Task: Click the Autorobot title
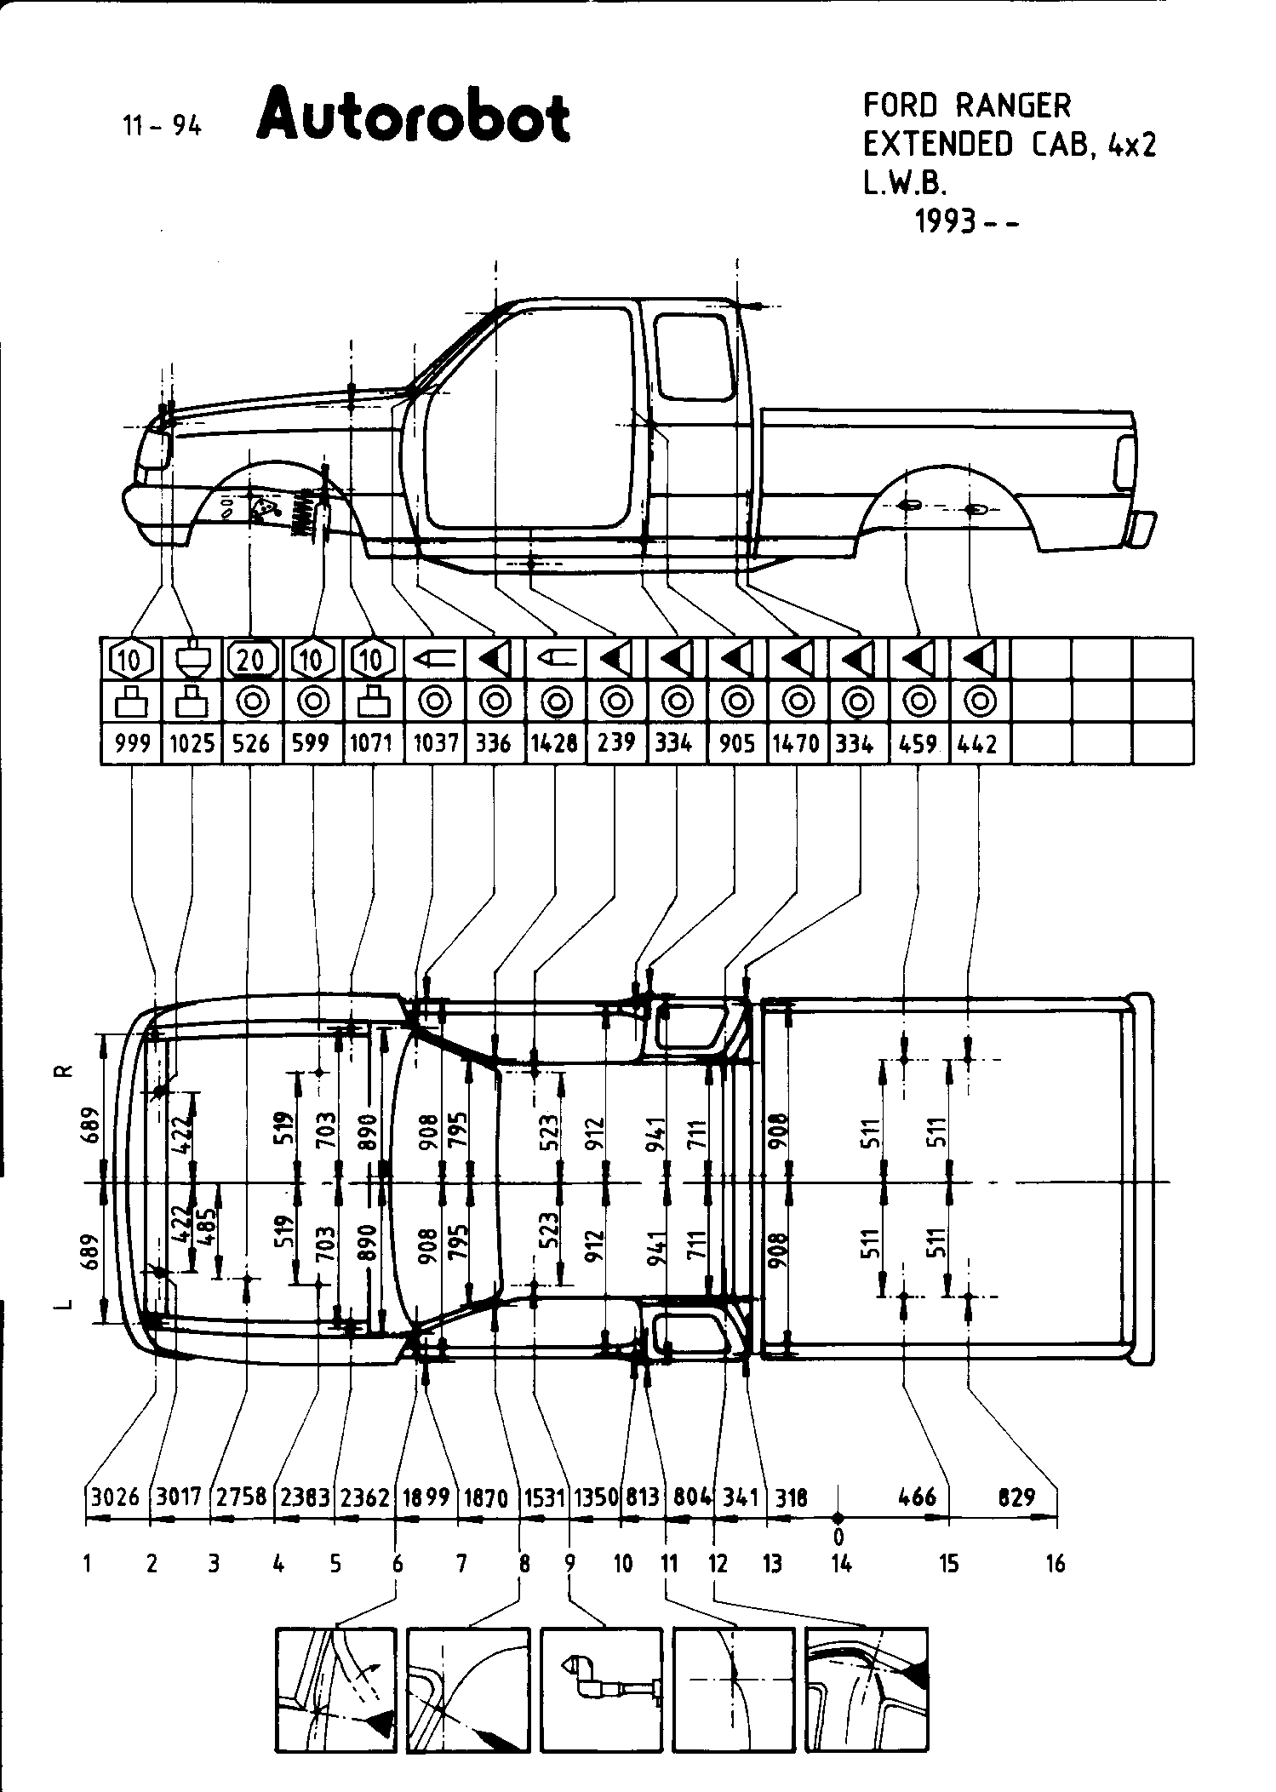click(x=413, y=117)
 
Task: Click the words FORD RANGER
click(x=967, y=106)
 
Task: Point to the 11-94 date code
click(x=162, y=126)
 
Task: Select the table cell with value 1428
click(x=555, y=743)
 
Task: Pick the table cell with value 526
click(x=251, y=743)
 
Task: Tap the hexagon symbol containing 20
click(x=253, y=659)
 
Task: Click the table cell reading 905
click(x=736, y=743)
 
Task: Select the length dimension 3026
click(x=115, y=1497)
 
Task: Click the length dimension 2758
click(x=243, y=1497)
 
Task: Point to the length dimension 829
click(x=1016, y=1497)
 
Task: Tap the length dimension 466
click(x=917, y=1497)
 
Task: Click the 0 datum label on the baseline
click(x=839, y=1537)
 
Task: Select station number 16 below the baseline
click(x=1056, y=1564)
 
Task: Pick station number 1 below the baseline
click(x=88, y=1564)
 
